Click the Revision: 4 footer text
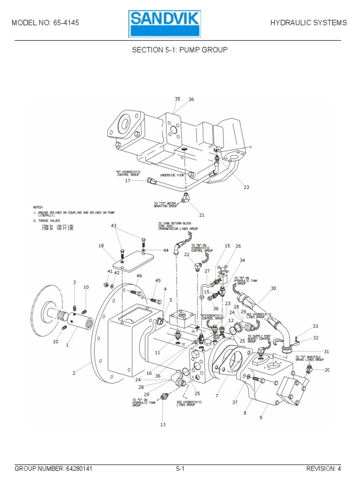[323, 468]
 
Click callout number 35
[178, 99]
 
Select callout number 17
[127, 180]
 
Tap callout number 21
[202, 215]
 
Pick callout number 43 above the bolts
[113, 226]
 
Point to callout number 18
[101, 246]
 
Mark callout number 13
[163, 425]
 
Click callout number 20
[327, 370]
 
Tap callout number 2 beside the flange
[73, 373]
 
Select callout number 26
[238, 246]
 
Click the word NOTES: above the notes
[38, 206]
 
